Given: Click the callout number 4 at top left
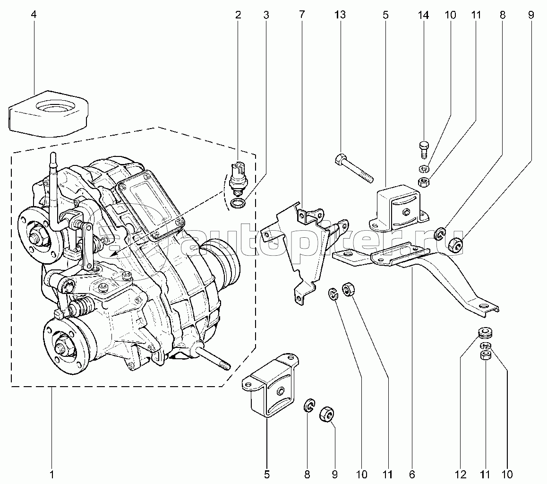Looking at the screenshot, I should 33,15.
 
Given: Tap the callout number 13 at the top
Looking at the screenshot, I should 340,15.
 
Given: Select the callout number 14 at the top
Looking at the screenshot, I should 423,15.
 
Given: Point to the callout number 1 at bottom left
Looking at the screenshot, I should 52,474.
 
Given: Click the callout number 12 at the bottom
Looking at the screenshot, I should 461,474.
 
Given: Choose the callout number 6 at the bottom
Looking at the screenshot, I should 411,474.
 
